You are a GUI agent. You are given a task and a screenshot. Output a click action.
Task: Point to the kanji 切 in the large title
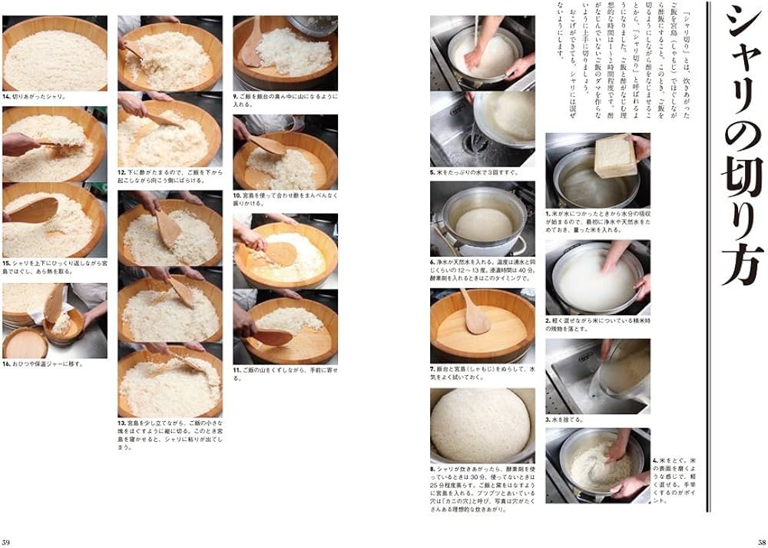pos(739,184)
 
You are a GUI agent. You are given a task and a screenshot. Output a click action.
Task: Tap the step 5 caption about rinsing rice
pos(475,173)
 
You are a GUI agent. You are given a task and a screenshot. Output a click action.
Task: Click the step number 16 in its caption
pos(6,364)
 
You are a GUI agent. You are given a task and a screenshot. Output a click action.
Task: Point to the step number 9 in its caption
pos(236,97)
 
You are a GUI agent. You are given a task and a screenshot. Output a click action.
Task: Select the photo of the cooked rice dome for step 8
pos(482,424)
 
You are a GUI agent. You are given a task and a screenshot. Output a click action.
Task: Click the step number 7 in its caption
pos(433,369)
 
